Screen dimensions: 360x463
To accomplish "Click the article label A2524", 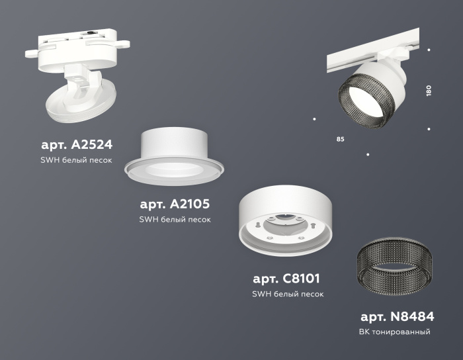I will click(x=77, y=144).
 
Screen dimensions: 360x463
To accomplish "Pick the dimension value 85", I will click(x=340, y=140).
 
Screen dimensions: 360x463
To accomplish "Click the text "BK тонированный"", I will click(x=396, y=332).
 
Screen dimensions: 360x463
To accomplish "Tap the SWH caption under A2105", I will click(x=175, y=220).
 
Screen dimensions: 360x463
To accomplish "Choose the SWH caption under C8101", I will click(x=288, y=294).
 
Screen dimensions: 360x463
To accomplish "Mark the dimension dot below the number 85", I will click(x=368, y=154).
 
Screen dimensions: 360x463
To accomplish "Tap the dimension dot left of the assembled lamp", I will click(x=314, y=119).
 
